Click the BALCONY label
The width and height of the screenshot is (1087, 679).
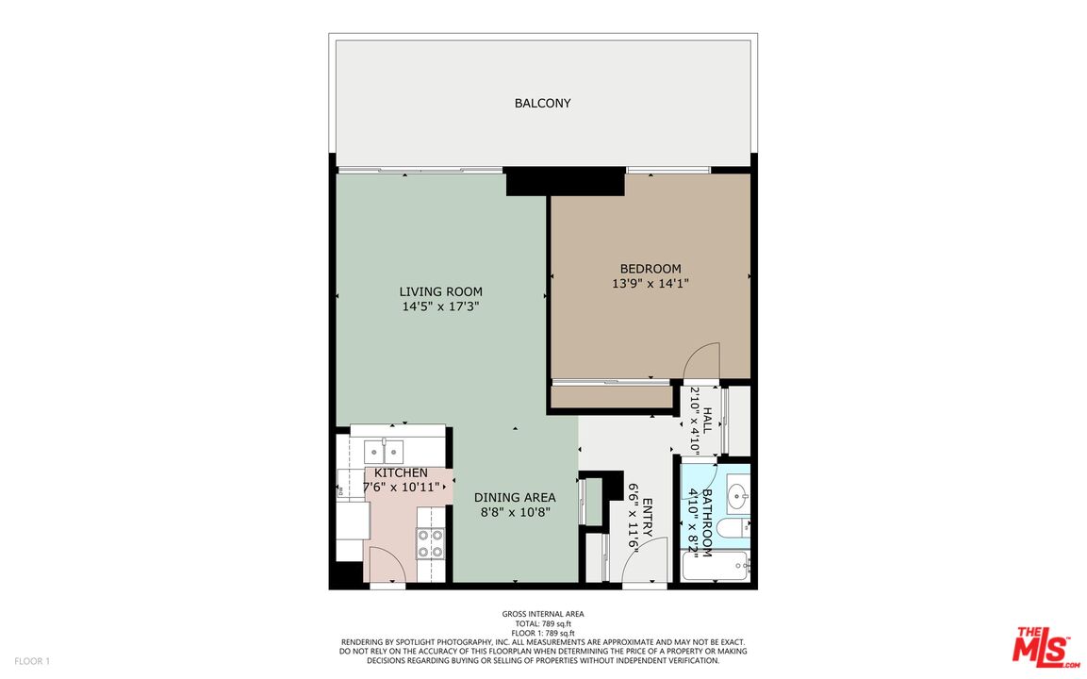[x=542, y=104]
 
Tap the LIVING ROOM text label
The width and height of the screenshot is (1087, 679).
[x=440, y=291]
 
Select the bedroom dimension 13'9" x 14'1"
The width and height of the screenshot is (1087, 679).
[x=651, y=283]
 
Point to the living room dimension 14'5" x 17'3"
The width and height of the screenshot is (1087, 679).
[x=440, y=306]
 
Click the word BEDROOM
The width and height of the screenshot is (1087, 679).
[x=651, y=269]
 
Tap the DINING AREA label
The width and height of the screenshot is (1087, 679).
[x=515, y=497]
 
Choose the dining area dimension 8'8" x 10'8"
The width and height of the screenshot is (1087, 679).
[x=515, y=512]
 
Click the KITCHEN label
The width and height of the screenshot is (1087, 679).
[x=401, y=472]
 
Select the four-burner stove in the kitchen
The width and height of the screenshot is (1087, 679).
[x=431, y=543]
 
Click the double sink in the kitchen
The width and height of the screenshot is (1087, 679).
[x=385, y=452]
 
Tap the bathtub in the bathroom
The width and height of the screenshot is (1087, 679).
[x=716, y=567]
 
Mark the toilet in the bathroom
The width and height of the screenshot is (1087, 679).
[x=732, y=527]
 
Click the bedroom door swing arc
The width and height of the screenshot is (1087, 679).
[x=702, y=362]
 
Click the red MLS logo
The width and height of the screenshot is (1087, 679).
[x=1046, y=648]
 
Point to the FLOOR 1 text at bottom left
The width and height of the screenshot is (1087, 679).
[x=32, y=661]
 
